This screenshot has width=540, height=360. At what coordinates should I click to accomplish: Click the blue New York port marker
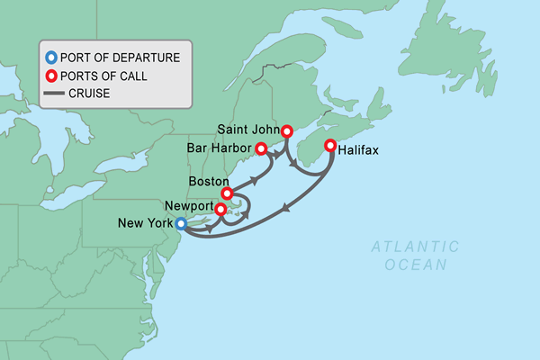pyautogui.click(x=180, y=224)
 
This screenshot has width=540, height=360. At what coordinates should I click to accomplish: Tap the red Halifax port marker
pyautogui.click(x=330, y=146)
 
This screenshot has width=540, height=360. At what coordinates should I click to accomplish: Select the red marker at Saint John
pyautogui.click(x=287, y=131)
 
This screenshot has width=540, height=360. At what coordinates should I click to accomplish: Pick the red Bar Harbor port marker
pyautogui.click(x=261, y=148)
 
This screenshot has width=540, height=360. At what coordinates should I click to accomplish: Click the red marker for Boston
pyautogui.click(x=227, y=193)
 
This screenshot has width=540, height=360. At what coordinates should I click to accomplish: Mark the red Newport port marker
pyautogui.click(x=220, y=211)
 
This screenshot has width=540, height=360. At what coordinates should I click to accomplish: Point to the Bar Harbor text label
pyautogui.click(x=220, y=148)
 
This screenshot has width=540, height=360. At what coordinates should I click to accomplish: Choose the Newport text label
pyautogui.click(x=187, y=205)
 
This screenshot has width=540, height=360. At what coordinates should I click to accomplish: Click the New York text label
pyautogui.click(x=145, y=222)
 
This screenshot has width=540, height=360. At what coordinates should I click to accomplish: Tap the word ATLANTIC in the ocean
pyautogui.click(x=415, y=246)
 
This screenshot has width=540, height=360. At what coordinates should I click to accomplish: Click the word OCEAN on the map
pyautogui.click(x=415, y=264)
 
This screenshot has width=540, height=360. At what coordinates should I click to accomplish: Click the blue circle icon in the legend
pyautogui.click(x=51, y=57)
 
